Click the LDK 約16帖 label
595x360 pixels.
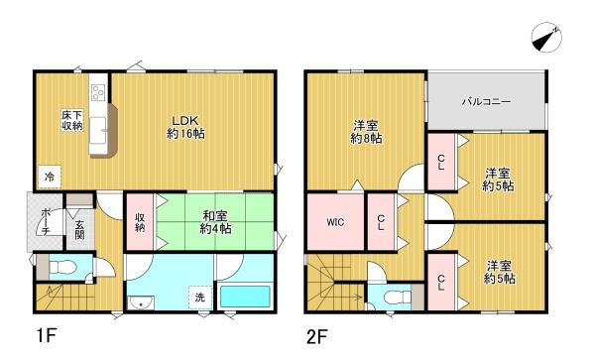tap(185, 126)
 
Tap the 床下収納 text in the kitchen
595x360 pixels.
tap(71, 121)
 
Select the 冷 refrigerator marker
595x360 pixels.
tap(48, 177)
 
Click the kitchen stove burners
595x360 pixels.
tap(97, 96)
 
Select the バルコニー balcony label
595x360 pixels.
tap(484, 101)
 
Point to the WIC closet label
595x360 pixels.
tap(334, 222)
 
